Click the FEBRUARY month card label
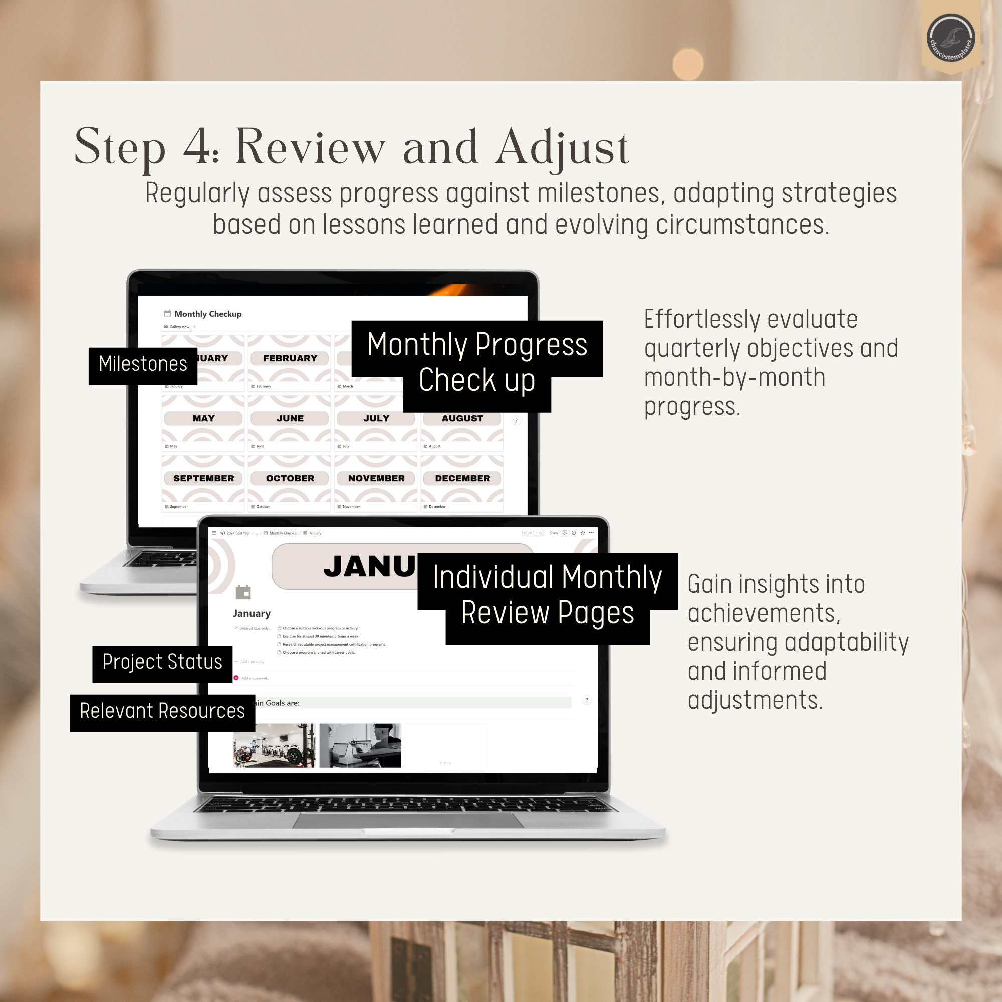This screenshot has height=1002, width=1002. pos(290,358)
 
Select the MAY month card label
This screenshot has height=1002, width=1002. pos(203,418)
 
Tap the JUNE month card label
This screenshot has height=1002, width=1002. pos(290,418)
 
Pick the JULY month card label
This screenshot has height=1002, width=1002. pos(376,418)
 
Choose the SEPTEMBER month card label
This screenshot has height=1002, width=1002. pos(203,478)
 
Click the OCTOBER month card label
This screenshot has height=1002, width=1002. pos(290,478)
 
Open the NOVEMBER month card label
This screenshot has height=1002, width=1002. pos(376,478)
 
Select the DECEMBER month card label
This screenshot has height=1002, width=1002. pos(462,478)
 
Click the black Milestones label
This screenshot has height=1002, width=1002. pos(143,364)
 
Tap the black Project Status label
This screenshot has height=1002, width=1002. pos(162,662)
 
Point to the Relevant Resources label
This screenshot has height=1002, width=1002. pos(162,711)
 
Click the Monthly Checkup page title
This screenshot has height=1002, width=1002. pos(207,314)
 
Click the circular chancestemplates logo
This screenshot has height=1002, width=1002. pos(951,38)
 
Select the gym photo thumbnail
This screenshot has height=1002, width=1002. pos(274,745)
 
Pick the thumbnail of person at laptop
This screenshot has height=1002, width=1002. pos(360,745)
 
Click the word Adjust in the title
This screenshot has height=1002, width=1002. pos(562,148)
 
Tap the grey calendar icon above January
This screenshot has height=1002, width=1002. pos(242,592)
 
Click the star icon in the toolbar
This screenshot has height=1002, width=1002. pos(583,533)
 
